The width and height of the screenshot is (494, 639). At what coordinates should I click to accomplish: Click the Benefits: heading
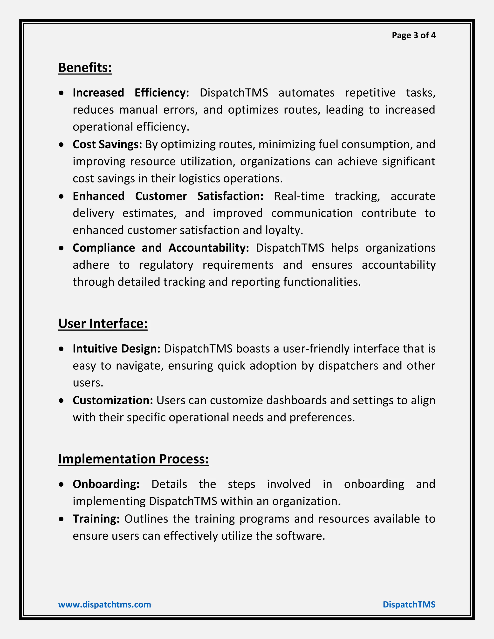tap(85, 68)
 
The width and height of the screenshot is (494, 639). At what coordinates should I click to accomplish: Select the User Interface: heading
tap(103, 324)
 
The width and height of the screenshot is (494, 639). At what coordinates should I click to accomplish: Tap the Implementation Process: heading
tap(133, 459)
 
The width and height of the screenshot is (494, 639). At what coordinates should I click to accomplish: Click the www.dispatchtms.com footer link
tap(104, 605)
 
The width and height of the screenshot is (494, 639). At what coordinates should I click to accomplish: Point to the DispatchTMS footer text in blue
tap(409, 605)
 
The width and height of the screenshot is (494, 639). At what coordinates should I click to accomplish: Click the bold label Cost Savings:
tap(107, 144)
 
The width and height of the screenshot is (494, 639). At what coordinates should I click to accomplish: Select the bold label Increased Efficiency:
tap(131, 93)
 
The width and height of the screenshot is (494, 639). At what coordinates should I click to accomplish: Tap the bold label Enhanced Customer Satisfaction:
tap(168, 196)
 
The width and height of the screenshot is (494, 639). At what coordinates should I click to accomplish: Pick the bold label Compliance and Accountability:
tap(161, 248)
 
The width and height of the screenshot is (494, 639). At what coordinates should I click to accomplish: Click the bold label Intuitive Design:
tap(117, 349)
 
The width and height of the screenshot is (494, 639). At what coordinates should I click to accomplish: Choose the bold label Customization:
tap(113, 401)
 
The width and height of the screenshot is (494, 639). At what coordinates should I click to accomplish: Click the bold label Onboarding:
tap(106, 484)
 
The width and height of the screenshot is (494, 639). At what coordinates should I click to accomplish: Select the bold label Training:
tap(96, 519)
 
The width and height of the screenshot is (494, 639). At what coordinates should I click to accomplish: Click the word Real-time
tap(299, 196)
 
